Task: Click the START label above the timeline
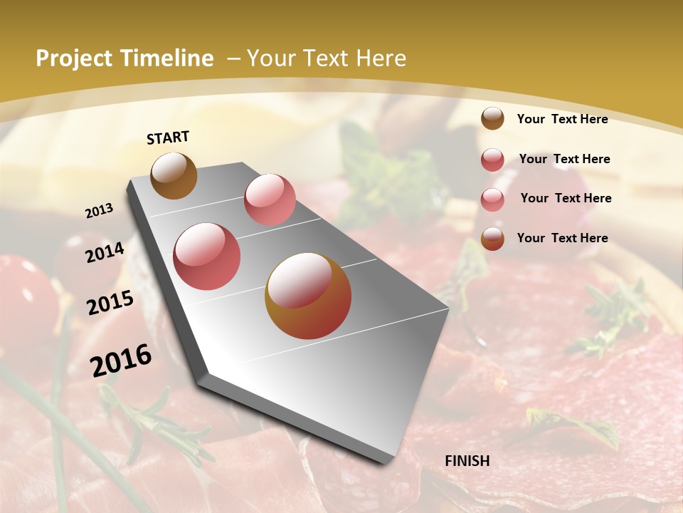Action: tap(168, 137)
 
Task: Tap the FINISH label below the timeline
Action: tap(467, 461)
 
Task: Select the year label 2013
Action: tap(99, 211)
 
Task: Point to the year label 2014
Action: tap(105, 252)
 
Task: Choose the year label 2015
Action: tap(110, 303)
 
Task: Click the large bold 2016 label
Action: tap(121, 360)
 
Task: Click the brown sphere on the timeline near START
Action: tap(174, 175)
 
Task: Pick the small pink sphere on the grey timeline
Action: tap(270, 199)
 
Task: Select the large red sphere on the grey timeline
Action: tap(207, 256)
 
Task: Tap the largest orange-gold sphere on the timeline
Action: tap(308, 296)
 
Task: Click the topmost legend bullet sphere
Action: tap(492, 118)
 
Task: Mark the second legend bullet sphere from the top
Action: tap(492, 160)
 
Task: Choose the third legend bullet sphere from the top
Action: tap(492, 199)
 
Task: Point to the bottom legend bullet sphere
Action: tap(492, 239)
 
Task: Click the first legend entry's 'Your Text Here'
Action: tap(562, 119)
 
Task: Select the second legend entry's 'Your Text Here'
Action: tap(564, 159)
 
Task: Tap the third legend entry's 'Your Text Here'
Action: tap(566, 198)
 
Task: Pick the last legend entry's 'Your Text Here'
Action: tap(562, 238)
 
